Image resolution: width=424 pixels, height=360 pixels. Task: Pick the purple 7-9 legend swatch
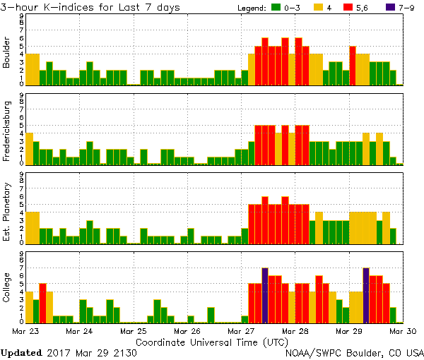[391, 8]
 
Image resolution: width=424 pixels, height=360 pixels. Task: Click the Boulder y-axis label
[7, 52]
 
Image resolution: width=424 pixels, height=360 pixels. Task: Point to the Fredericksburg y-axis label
[7, 131]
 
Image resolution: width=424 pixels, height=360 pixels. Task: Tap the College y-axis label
[7, 289]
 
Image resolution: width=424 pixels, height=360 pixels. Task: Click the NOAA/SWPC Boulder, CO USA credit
[355, 352]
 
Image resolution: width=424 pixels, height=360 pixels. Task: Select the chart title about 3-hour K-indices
[90, 7]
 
